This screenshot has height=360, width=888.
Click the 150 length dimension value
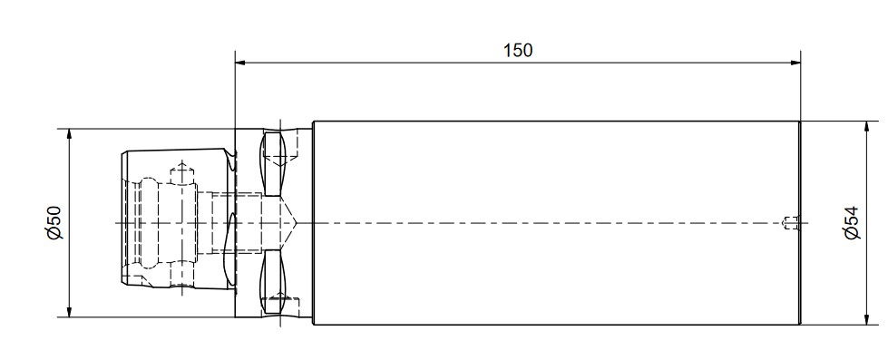(x=518, y=51)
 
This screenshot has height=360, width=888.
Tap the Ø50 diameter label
(x=54, y=222)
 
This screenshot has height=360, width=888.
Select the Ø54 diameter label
(x=853, y=223)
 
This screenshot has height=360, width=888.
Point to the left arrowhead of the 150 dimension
(x=241, y=62)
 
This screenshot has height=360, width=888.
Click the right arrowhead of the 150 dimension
(x=795, y=62)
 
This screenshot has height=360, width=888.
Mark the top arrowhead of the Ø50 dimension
(x=69, y=135)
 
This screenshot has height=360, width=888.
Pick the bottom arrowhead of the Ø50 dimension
(x=69, y=311)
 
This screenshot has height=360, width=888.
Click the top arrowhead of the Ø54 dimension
(x=867, y=127)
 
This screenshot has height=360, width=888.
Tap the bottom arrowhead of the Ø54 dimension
(x=867, y=318)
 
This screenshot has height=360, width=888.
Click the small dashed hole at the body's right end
(x=791, y=222)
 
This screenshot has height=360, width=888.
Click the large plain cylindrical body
(x=556, y=223)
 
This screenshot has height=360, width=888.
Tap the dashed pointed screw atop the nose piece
(x=181, y=172)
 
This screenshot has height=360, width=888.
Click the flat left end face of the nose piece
(x=122, y=218)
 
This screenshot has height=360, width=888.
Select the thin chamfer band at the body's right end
(x=798, y=223)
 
